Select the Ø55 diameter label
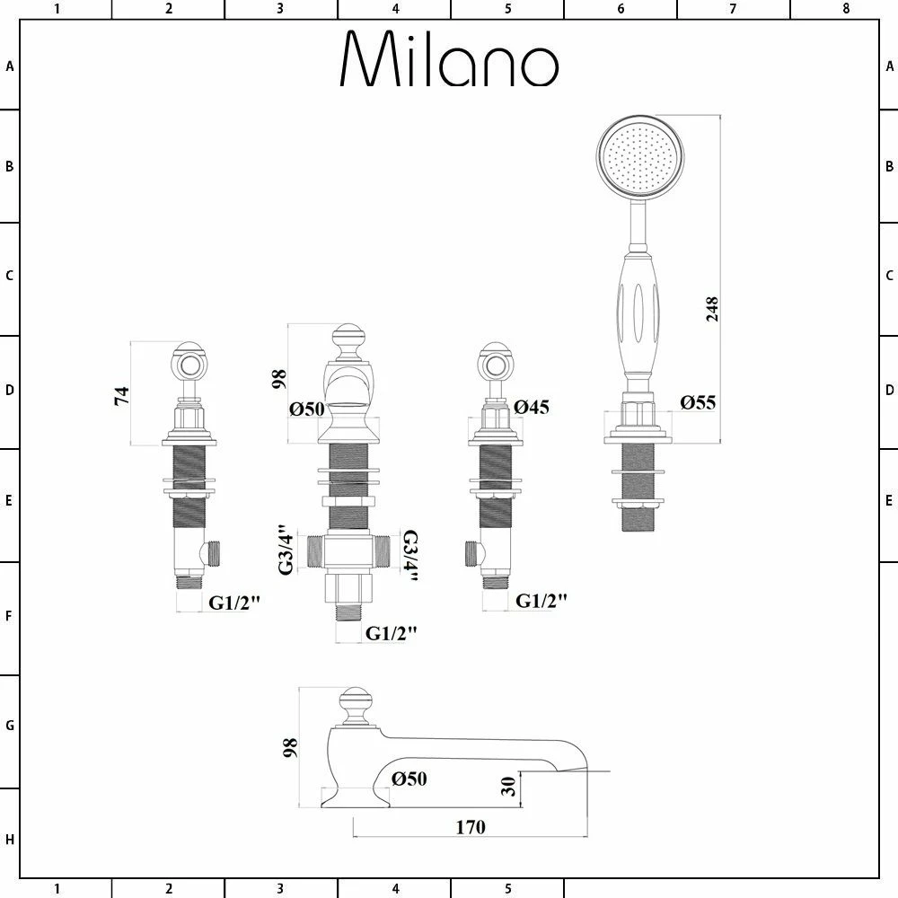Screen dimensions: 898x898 (x=697, y=402)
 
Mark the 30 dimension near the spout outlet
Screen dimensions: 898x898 (x=508, y=788)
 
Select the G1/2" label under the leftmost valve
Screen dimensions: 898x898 (x=234, y=603)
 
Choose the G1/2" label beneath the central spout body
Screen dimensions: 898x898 (x=392, y=633)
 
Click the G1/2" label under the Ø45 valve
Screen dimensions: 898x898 (x=541, y=602)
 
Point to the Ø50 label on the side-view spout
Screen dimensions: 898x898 (x=409, y=779)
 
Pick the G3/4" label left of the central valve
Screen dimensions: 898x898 (x=286, y=550)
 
